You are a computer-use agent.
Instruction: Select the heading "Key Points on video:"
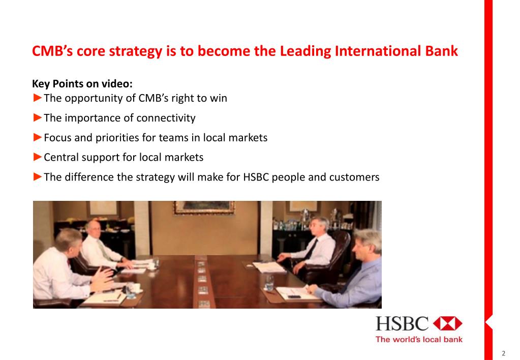[82, 83]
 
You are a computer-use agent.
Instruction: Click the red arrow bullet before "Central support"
[37, 157]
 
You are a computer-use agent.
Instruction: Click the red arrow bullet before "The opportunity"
[37, 98]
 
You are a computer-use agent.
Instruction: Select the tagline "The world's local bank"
[419, 339]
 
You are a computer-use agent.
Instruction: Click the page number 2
[503, 353]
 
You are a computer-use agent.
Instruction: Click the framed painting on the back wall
[203, 206]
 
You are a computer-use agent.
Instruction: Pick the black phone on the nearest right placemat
[294, 296]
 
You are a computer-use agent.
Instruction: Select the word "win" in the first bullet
[219, 98]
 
